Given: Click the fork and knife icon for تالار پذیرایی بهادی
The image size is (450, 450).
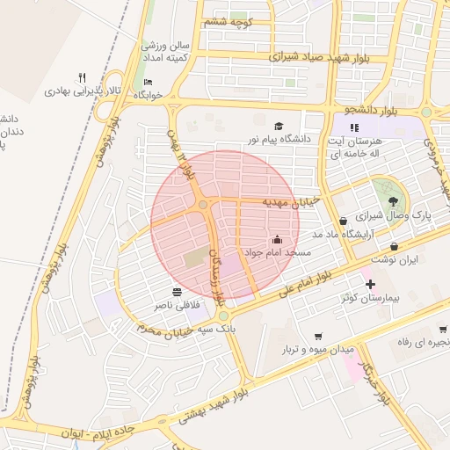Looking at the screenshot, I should click(x=83, y=76).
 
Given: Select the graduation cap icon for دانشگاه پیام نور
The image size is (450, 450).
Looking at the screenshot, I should click(x=279, y=127).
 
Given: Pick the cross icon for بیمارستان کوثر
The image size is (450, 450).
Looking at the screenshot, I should click(x=370, y=285).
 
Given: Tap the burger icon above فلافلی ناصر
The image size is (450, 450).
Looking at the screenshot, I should click(x=177, y=291).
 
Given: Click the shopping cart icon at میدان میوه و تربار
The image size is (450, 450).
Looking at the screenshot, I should click(x=317, y=336).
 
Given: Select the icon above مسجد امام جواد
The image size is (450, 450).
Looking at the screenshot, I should click(x=277, y=239).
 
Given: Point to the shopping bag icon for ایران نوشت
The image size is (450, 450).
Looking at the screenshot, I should click(x=393, y=247).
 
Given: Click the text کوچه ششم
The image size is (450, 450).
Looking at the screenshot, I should click(x=228, y=21).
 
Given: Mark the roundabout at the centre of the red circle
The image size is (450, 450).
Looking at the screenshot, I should click(x=202, y=205).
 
